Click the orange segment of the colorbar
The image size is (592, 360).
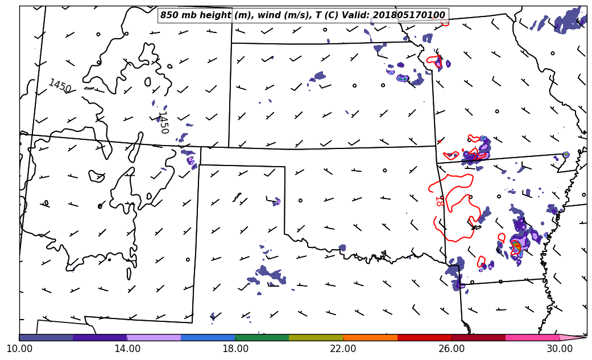(x=370, y=337)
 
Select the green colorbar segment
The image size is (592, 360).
(x=262, y=337)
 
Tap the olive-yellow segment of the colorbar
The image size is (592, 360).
(x=316, y=337)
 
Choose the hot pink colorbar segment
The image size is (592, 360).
(x=532, y=337)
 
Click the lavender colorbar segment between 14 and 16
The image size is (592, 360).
(x=154, y=337)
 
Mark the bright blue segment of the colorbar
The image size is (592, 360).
(x=208, y=337)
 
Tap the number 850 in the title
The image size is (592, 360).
(x=169, y=15)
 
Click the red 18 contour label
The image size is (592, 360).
(x=439, y=200)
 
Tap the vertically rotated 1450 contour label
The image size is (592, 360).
(x=163, y=122)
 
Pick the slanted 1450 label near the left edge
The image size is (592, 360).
(x=60, y=86)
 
